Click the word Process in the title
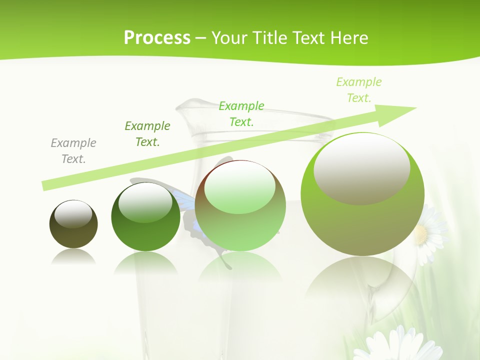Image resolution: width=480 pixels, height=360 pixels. [157, 38]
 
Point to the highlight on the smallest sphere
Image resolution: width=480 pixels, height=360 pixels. [73, 214]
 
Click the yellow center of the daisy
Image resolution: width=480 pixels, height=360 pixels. [421, 233]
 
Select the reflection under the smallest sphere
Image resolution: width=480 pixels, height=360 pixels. [73, 257]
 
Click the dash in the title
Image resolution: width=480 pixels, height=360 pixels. [200, 38]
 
